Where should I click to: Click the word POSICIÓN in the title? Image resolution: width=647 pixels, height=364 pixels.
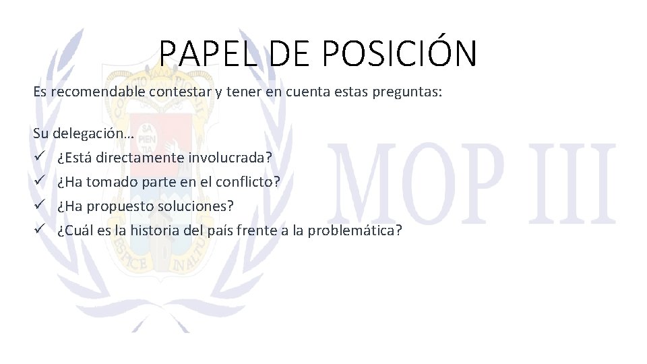coord(400,53)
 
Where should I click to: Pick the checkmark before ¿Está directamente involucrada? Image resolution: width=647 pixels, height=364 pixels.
coord(40,158)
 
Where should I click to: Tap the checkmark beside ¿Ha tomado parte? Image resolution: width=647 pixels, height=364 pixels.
coord(40,182)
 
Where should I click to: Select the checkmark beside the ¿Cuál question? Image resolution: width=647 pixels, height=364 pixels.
coord(40,231)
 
